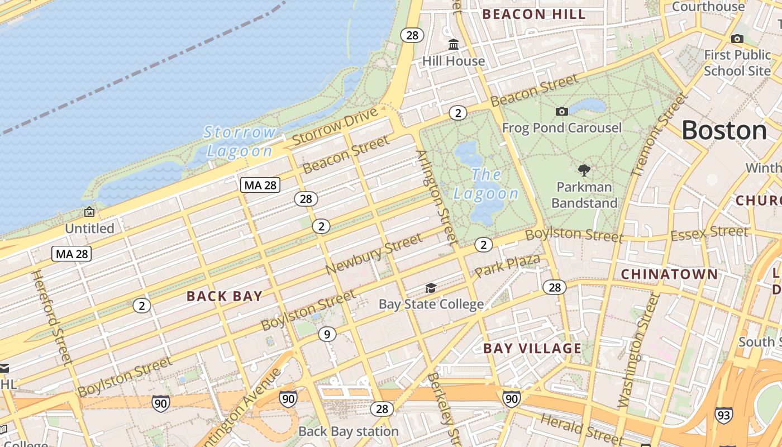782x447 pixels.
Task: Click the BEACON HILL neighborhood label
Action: click(534, 15)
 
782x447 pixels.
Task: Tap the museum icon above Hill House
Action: click(454, 44)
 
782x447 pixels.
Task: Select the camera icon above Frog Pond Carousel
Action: click(562, 111)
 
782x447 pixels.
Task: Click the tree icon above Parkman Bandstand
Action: click(584, 170)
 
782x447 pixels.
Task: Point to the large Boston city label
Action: click(724, 131)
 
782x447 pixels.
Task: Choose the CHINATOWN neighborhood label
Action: click(669, 274)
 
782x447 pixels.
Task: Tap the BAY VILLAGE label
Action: click(532, 349)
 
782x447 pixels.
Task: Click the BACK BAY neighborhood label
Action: click(225, 296)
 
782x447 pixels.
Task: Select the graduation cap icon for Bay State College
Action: click(431, 288)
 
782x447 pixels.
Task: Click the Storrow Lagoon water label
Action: click(240, 141)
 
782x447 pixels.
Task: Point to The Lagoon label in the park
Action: click(486, 184)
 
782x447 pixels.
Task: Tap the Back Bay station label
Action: click(349, 431)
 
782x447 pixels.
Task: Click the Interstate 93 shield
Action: click(723, 415)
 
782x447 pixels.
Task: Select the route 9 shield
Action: click(327, 335)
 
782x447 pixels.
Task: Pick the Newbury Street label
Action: click(374, 254)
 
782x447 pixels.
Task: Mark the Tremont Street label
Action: click(659, 135)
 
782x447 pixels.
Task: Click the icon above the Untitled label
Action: click(89, 212)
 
